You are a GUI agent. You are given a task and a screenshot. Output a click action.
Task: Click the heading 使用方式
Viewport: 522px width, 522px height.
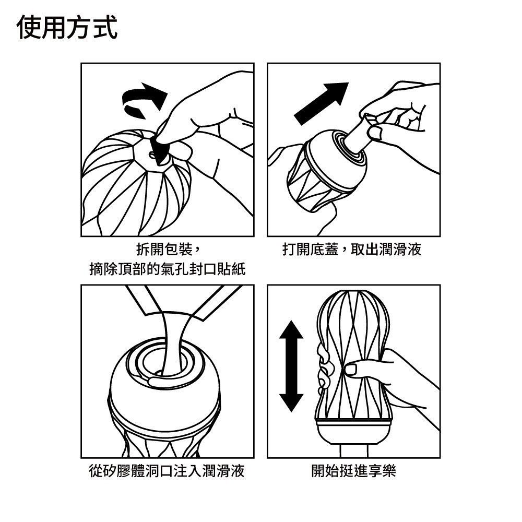67,27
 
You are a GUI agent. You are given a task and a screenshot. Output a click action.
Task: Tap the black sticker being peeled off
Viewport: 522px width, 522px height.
159,149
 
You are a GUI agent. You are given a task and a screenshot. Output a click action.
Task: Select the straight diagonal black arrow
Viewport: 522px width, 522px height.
321,103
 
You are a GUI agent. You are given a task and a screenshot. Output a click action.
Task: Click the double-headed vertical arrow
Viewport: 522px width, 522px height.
291,366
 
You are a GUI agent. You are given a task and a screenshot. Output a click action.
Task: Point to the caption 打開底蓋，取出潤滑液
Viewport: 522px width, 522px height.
352,249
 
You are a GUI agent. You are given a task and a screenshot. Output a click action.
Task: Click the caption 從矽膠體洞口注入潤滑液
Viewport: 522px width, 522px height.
167,471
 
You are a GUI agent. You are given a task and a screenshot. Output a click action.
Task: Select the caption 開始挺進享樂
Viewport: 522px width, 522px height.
353,471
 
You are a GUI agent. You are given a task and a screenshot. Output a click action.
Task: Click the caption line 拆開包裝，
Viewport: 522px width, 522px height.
168,249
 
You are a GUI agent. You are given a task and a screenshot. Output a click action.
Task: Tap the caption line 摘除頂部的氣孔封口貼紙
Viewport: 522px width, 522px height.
168,269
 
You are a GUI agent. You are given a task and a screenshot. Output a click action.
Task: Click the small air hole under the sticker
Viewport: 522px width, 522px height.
152,155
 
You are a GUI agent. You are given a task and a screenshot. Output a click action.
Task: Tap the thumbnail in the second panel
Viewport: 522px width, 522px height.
375,133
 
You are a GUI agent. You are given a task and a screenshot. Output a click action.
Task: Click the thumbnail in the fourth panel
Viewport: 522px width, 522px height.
351,370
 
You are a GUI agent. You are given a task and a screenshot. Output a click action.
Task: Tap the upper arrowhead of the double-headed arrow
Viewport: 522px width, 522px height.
291,329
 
